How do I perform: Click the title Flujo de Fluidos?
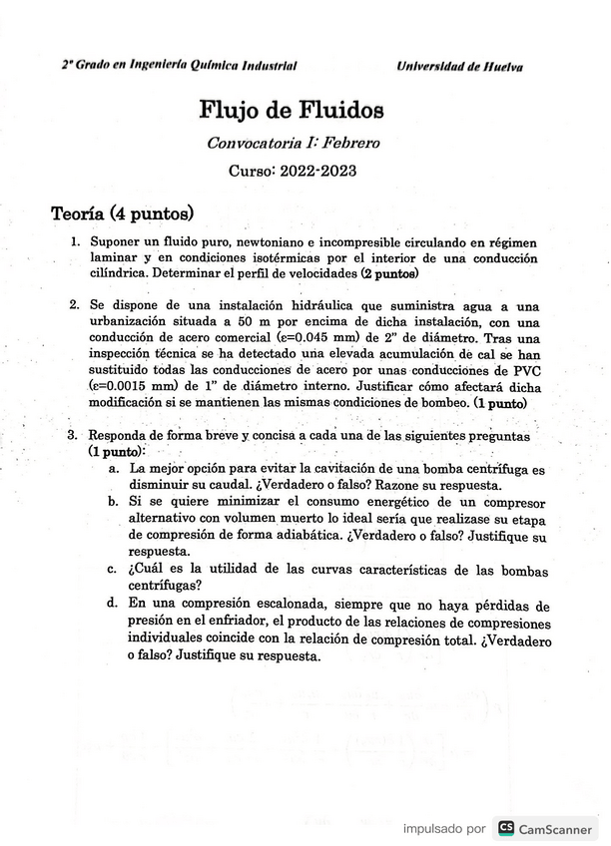[292, 109]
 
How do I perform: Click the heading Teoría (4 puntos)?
[122, 214]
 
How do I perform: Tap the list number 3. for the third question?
[73, 436]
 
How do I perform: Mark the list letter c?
[113, 569]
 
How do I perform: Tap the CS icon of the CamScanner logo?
[506, 828]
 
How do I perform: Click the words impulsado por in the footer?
[444, 829]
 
